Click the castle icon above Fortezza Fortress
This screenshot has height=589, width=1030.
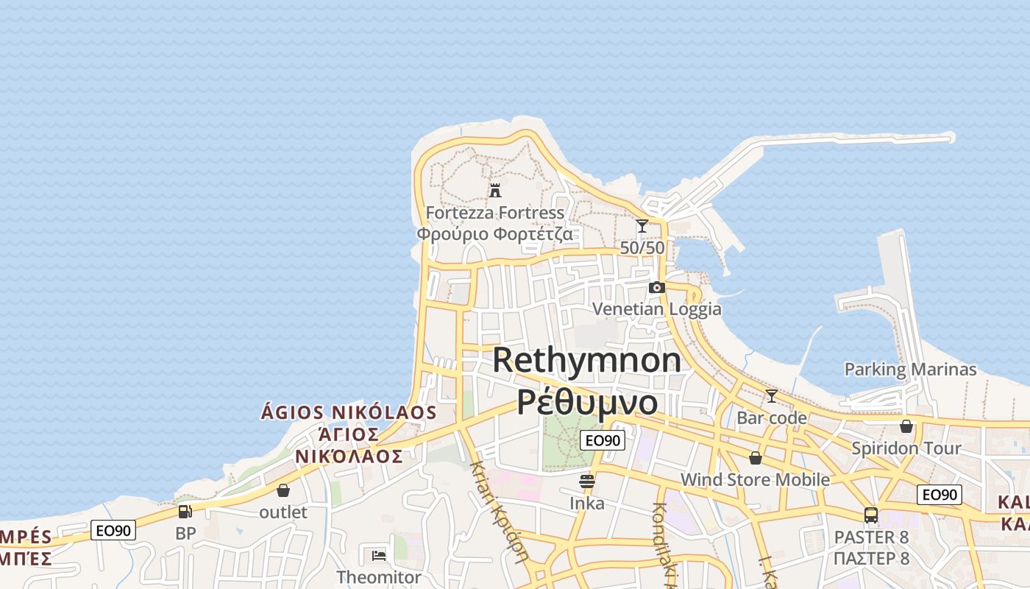coord(495,190)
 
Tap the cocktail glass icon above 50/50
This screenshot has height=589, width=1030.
coord(642,226)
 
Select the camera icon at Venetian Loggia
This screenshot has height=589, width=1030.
coord(657,287)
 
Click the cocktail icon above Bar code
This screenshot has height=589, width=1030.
coord(771,396)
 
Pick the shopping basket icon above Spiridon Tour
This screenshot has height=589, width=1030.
coord(906,426)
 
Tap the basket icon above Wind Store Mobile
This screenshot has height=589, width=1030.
coord(755,458)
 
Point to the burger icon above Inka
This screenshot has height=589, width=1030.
coord(587,482)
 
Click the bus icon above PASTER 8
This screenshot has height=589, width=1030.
coord(871,515)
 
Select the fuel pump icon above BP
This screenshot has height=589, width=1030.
coord(185,511)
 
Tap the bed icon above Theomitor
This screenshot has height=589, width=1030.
coord(379,554)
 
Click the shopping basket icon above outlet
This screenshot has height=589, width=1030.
coord(283,490)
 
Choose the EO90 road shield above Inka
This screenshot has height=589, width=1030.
coord(603,440)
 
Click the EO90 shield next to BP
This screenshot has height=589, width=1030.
coord(113,530)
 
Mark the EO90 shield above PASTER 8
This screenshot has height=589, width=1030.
coord(940,495)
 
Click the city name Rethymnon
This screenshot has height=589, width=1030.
coord(587,360)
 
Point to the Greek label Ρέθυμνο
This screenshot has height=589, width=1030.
coord(587,403)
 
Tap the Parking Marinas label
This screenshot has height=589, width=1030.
coord(910,369)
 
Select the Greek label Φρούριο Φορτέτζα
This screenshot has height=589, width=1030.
coord(494,234)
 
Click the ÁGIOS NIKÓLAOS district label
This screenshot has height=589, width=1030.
coord(349,412)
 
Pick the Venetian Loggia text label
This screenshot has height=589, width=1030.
coord(657,308)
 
